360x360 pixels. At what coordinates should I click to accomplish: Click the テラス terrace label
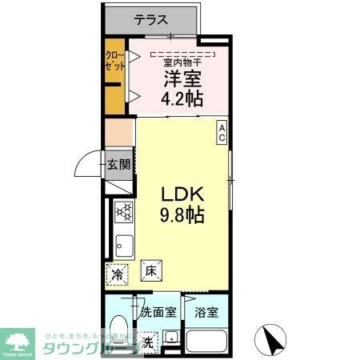point(150,20)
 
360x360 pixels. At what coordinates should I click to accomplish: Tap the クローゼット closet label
point(114,62)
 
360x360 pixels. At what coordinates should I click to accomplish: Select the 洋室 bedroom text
point(182,79)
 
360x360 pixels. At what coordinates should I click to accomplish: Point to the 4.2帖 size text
point(183,99)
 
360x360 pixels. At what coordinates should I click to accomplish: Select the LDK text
point(185,194)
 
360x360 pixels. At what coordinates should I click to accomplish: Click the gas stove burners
point(124,212)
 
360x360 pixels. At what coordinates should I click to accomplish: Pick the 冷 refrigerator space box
point(118,274)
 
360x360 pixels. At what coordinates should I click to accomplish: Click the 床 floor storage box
point(150,271)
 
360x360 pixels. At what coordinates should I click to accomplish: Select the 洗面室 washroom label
point(158,312)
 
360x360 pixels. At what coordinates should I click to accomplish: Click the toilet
point(118,328)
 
